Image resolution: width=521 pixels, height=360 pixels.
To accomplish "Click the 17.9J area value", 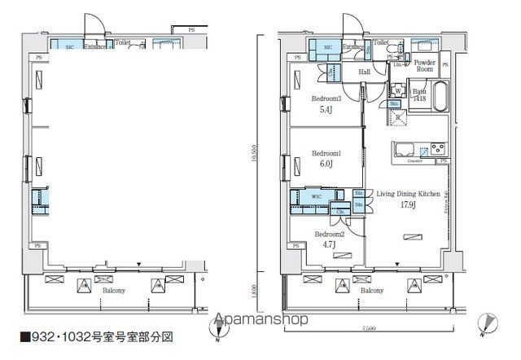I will click(x=408, y=205).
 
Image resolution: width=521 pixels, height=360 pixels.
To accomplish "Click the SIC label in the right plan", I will click(x=328, y=48).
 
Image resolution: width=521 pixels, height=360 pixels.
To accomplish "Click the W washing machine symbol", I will click(x=398, y=91).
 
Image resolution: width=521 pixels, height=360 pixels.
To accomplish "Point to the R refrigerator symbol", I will click(x=398, y=117).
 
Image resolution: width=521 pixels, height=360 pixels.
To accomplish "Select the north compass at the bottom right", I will click(x=484, y=323).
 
